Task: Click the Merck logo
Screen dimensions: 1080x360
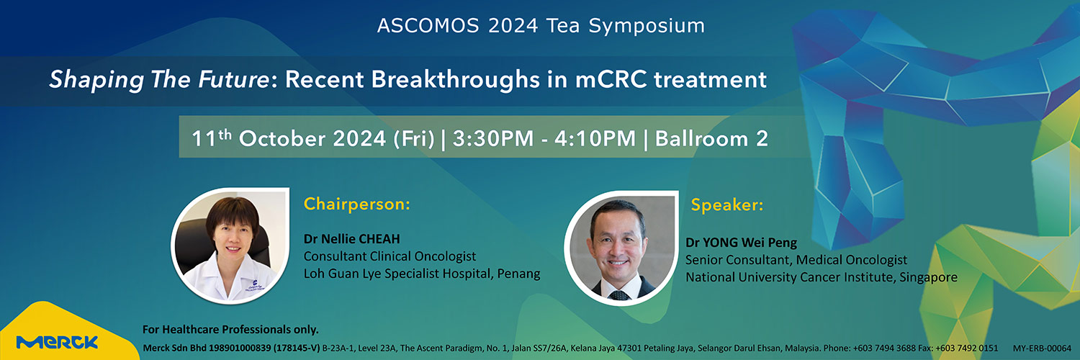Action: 57,342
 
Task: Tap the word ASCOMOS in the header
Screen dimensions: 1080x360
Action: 428,25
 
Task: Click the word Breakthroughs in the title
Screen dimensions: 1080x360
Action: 455,80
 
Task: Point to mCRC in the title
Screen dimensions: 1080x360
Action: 611,80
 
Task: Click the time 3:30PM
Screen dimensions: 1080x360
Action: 492,139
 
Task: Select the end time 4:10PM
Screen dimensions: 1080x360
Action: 595,139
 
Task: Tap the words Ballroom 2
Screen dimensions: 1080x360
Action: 711,139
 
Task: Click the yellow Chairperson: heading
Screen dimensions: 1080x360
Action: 357,204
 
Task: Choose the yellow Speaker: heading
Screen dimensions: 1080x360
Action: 727,205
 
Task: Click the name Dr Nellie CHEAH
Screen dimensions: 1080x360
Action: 352,239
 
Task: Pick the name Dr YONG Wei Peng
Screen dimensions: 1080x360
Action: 741,243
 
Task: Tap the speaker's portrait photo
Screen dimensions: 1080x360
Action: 621,248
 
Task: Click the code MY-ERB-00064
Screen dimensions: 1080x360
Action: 1042,348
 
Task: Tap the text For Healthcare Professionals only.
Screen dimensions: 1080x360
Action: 230,330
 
